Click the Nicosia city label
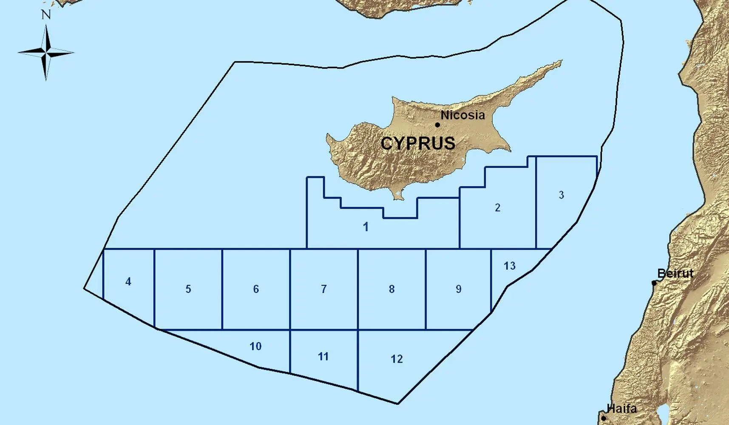[462, 115]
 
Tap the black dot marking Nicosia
[437, 125]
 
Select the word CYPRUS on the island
[418, 143]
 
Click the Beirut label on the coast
[675, 273]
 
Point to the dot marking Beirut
[654, 283]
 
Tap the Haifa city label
[622, 409]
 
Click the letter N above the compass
[46, 15]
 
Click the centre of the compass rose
[46, 53]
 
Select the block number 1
[366, 227]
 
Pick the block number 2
[498, 208]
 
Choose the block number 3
[562, 195]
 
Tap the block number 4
[128, 281]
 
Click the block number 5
[188, 289]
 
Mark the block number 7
[324, 289]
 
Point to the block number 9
[459, 289]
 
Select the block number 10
[255, 346]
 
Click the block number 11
[323, 357]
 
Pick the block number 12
[397, 359]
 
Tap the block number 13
[510, 266]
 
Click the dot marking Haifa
[604, 418]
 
